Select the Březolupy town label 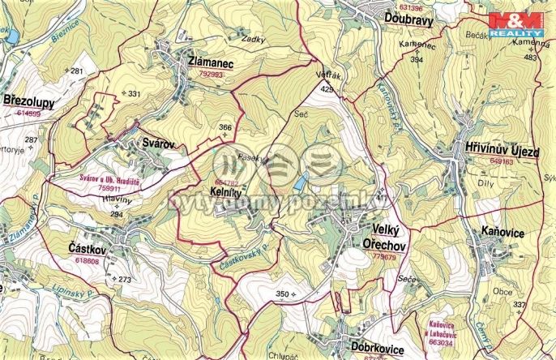(31, 101)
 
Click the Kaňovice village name (509, 233)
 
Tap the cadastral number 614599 (28, 114)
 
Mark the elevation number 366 (225, 127)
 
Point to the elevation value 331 (134, 94)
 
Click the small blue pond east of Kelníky (301, 183)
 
